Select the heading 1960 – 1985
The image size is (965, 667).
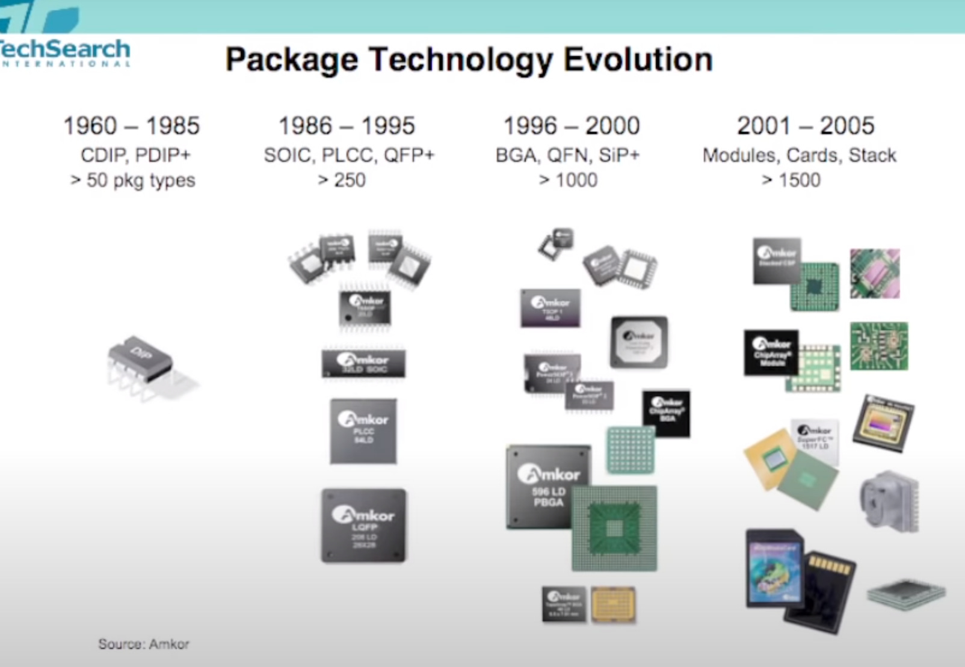pos(131,126)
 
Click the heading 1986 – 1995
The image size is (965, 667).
pos(347,126)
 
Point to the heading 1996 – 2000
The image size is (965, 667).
pos(571,126)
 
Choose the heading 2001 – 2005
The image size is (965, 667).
pos(805,126)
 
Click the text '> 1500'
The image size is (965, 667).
pos(791,180)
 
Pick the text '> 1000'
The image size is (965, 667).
pos(568,180)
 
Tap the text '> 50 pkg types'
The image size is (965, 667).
pos(132,180)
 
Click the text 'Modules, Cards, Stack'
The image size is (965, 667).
pos(799,155)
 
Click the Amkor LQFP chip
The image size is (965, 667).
pos(363,526)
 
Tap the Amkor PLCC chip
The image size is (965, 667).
pos(363,431)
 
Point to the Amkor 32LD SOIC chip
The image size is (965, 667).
pos(363,363)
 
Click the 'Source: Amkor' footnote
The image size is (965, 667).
pos(143,644)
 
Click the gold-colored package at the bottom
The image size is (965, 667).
pos(612,604)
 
